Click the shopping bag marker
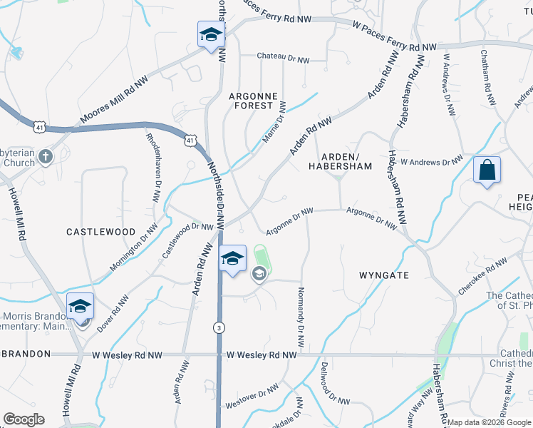(487, 171)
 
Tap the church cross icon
(45, 156)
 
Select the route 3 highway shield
(218, 327)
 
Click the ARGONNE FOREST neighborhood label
(251, 100)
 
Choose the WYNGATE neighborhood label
(384, 275)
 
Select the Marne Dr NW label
(274, 121)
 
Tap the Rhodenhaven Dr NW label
(152, 167)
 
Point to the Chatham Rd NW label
(487, 78)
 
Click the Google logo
(24, 419)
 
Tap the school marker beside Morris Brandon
(80, 307)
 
